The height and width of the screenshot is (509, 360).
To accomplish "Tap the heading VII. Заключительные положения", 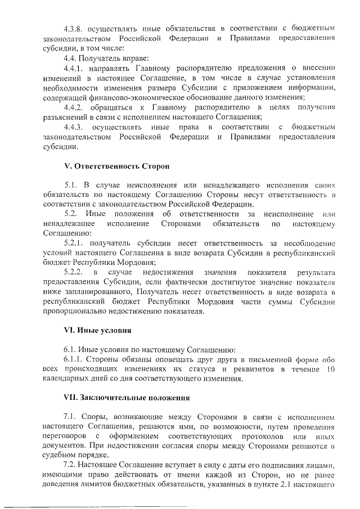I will [x=126, y=398].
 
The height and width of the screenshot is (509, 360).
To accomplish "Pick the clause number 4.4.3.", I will [x=76, y=128].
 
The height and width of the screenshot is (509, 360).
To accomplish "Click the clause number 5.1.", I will [x=71, y=184].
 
